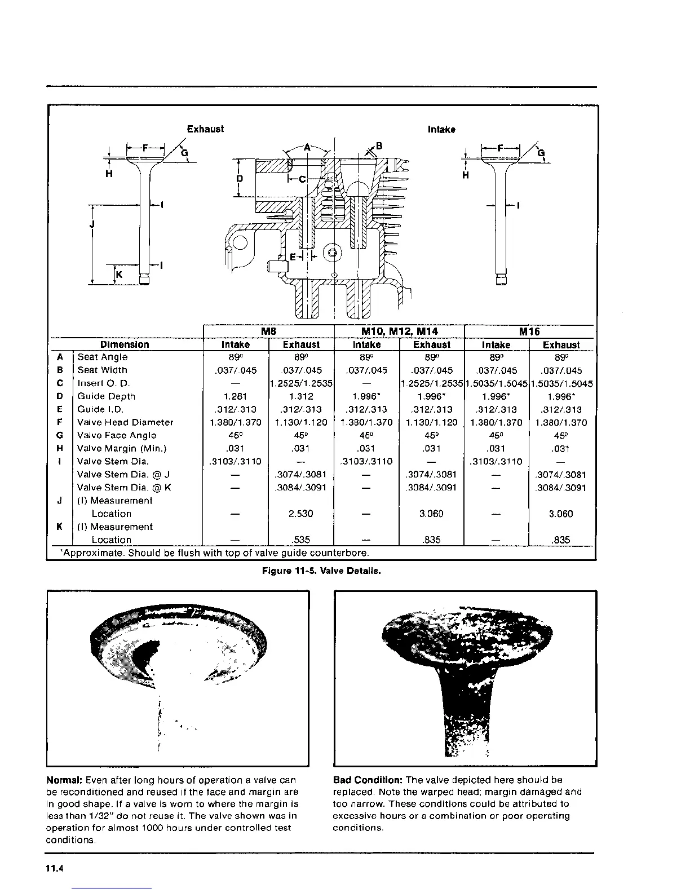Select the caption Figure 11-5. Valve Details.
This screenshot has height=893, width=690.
[x=321, y=571]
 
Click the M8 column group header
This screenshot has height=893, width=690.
[x=268, y=331]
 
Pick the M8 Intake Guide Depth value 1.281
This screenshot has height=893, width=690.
[x=235, y=396]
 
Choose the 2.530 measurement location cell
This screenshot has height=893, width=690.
[x=300, y=514]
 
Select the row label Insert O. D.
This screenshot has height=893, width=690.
[x=104, y=383]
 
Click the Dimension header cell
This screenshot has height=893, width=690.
[x=125, y=344]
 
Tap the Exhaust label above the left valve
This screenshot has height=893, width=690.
[x=205, y=129]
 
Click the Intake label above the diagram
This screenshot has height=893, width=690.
[x=441, y=130]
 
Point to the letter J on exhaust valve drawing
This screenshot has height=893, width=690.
[x=92, y=224]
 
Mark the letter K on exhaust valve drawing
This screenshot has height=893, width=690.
[x=120, y=275]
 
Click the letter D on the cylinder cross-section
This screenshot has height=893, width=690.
[x=240, y=179]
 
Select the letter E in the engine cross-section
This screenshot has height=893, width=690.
[x=293, y=257]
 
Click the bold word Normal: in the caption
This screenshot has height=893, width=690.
[x=64, y=780]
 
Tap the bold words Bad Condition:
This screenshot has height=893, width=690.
[x=368, y=780]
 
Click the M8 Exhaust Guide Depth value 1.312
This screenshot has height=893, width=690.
[x=300, y=396]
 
